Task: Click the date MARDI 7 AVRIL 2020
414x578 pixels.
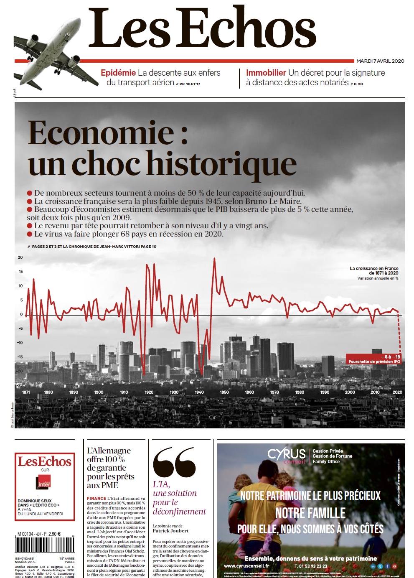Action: pos(380,61)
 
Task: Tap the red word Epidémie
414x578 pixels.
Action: pos(118,73)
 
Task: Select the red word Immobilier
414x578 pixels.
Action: pos(266,73)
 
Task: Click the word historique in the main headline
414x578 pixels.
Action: pos(222,164)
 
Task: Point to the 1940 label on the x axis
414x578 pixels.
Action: pos(199,392)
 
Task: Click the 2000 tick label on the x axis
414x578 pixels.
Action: pos(350,392)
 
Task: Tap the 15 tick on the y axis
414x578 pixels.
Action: pos(20,272)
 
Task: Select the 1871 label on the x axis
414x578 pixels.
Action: pos(26,392)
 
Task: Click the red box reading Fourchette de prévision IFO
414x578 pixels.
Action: pos(374,359)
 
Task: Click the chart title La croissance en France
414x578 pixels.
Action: pos(374,268)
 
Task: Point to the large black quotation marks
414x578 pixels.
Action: pos(174,462)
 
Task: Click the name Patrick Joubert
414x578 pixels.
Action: pos(170,531)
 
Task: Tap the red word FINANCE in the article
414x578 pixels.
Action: pos(96,498)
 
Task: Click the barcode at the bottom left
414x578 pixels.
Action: pos(44,545)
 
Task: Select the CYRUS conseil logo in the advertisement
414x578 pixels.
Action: pos(287,456)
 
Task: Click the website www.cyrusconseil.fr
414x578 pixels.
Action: pos(246,566)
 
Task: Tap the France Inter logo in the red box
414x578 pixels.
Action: pos(44,482)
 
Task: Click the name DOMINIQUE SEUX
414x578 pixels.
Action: pos(35,501)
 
